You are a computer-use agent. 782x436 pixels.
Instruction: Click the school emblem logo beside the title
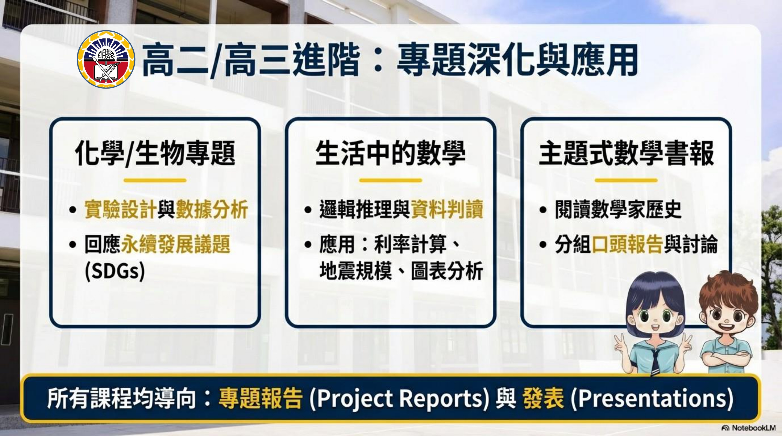pos(106,59)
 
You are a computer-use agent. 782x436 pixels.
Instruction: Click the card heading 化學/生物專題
pos(155,153)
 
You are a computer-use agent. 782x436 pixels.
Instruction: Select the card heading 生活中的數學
pos(391,153)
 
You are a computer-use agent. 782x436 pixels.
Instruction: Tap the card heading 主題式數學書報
pos(626,153)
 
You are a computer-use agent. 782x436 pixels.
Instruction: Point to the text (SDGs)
pos(115,271)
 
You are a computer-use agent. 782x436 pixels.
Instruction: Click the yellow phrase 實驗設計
pos(121,209)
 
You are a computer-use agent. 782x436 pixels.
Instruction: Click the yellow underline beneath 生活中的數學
pos(391,180)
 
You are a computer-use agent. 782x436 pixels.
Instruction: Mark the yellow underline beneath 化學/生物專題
pos(155,180)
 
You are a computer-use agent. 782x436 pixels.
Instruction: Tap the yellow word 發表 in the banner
pos(543,398)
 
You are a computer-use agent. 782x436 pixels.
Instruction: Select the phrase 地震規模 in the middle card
pos(355,271)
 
